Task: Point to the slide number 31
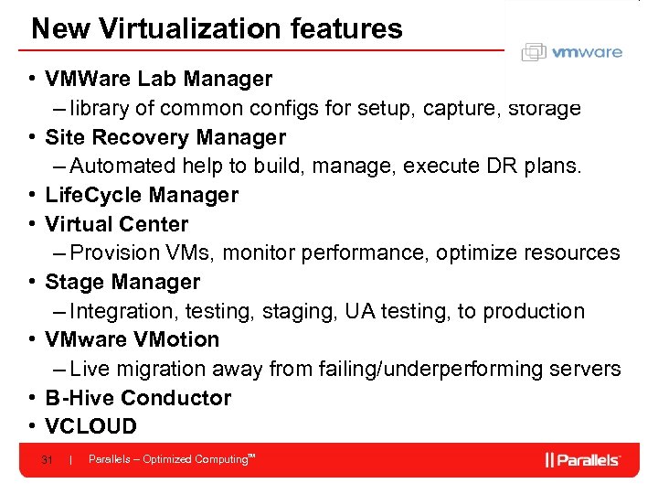click(47, 459)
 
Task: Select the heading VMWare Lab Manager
click(158, 80)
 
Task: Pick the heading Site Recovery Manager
click(164, 137)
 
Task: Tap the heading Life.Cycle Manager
click(142, 195)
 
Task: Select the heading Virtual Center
click(116, 224)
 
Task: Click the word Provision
click(109, 252)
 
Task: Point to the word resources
click(576, 252)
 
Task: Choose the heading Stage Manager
click(122, 282)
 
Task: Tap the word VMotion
click(174, 339)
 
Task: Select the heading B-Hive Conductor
click(138, 398)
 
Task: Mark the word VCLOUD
click(90, 426)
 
